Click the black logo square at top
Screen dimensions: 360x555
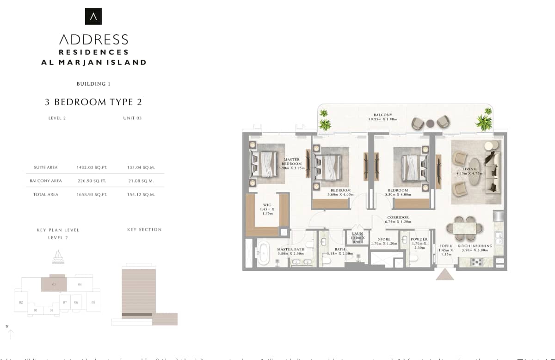93,16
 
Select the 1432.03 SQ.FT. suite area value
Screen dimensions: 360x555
91,168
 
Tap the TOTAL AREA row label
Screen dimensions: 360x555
46,195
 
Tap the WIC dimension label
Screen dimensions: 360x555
267,209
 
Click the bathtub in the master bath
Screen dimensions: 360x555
264,253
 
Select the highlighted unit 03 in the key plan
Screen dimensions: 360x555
54,284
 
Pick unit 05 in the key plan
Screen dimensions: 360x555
93,302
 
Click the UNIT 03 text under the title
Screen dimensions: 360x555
132,118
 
